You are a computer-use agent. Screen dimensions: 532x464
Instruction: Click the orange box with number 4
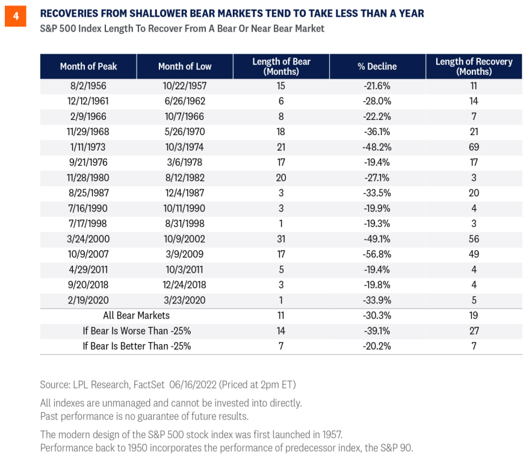point(16,16)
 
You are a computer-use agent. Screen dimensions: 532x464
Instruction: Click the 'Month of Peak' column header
point(88,66)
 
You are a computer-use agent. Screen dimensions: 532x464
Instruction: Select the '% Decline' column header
point(377,66)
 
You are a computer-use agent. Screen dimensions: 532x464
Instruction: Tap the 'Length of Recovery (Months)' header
point(474,66)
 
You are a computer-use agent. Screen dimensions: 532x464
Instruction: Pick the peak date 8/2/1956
point(88,86)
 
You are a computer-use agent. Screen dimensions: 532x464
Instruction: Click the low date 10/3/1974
point(184,147)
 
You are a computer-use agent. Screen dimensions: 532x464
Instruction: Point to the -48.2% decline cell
point(377,147)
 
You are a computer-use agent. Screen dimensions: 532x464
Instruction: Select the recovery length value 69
point(474,147)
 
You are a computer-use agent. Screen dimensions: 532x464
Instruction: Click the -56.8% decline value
point(377,254)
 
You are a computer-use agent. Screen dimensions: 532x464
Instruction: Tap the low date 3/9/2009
point(184,254)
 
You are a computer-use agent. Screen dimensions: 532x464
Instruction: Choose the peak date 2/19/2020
point(88,300)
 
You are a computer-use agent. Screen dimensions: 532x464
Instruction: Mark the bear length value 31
point(281,239)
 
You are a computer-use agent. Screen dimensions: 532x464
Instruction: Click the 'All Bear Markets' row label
point(137,316)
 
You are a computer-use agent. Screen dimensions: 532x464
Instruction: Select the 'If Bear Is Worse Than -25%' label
point(137,331)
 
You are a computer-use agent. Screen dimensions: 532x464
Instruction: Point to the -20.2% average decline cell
point(377,346)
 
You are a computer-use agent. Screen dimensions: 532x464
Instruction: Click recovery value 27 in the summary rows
point(474,331)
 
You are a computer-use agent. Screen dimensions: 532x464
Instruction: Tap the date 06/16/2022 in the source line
point(193,385)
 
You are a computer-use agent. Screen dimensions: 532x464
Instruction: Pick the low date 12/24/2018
point(184,284)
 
